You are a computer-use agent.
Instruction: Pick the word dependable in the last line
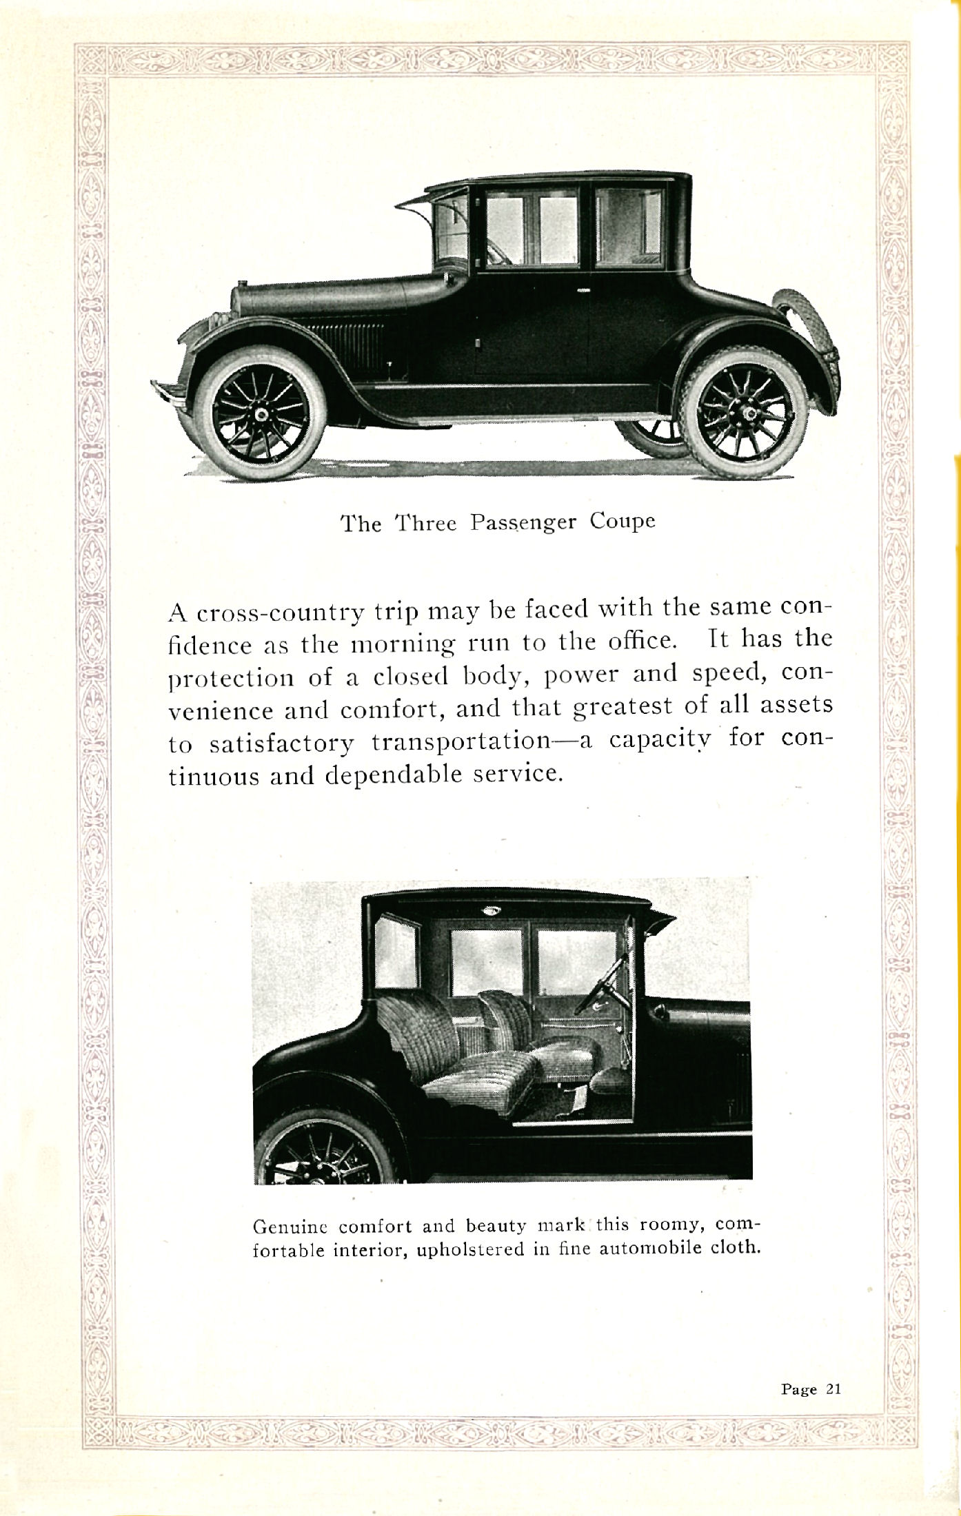tap(396, 776)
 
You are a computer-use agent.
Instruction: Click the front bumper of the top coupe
tap(165, 393)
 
